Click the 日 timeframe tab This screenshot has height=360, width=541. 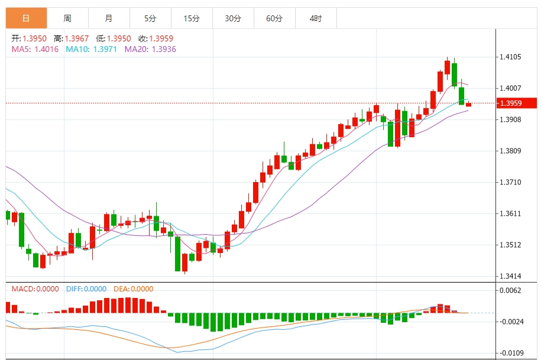(x=26, y=18)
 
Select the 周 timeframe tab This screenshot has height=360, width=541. (x=67, y=18)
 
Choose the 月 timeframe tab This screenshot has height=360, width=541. (x=109, y=18)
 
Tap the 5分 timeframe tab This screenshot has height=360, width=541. (x=150, y=18)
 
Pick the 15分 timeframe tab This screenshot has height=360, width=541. (x=192, y=18)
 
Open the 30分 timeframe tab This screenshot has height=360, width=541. (x=233, y=18)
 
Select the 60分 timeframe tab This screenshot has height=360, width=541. (x=274, y=18)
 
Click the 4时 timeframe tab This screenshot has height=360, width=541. (x=316, y=18)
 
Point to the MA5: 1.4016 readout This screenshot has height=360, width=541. (x=35, y=49)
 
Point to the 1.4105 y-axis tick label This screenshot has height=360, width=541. (x=510, y=57)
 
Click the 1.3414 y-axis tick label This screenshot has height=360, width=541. (x=510, y=276)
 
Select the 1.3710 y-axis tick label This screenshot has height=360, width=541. (x=510, y=182)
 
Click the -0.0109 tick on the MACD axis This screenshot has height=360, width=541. (x=511, y=352)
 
